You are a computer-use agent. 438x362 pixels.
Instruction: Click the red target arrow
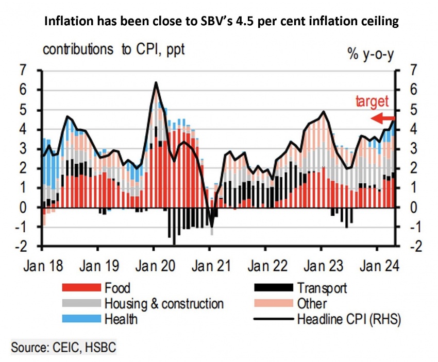click(x=383, y=119)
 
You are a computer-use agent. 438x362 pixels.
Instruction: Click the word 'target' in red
click(x=372, y=101)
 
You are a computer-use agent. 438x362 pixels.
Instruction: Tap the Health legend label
click(x=122, y=319)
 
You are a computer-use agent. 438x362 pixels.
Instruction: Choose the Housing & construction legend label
click(x=164, y=304)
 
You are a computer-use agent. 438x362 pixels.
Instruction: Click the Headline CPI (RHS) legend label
click(x=349, y=319)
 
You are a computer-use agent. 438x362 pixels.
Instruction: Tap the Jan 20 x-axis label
click(x=154, y=267)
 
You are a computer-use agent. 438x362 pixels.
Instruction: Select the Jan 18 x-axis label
click(x=43, y=267)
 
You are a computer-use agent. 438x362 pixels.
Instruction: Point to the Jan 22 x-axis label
click(x=265, y=267)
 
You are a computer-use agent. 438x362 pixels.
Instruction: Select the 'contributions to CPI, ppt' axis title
click(x=113, y=50)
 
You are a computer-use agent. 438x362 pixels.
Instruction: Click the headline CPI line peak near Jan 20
click(x=156, y=82)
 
